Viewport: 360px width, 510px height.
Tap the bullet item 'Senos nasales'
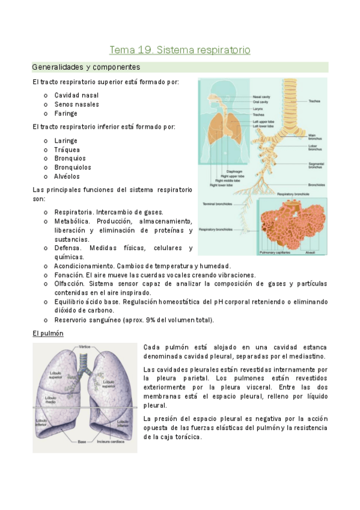76,104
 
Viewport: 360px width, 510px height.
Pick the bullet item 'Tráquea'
67,150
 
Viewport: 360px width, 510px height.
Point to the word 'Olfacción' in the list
69,283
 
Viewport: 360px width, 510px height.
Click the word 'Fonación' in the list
68,274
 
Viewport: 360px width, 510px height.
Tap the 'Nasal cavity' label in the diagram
261,96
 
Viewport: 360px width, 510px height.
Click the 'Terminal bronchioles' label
217,203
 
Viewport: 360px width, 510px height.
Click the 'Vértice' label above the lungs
84,347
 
